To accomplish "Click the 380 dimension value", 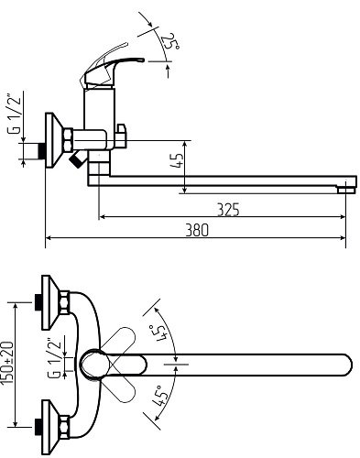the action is click(x=197, y=230).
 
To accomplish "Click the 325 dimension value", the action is click(x=228, y=210).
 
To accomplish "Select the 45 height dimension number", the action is click(x=177, y=160).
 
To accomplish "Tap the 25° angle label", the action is click(x=169, y=41).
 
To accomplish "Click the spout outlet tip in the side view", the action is click(x=346, y=190).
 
